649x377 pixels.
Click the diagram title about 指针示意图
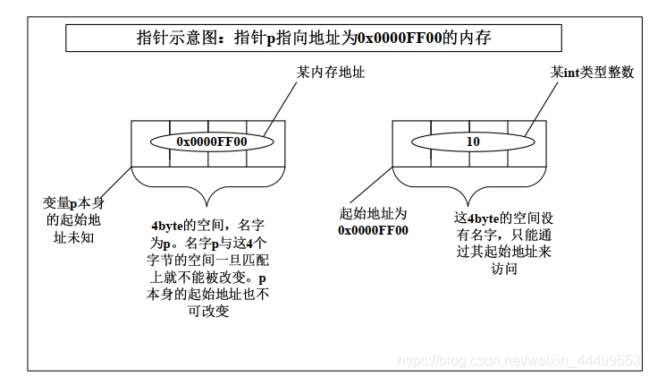[313, 38]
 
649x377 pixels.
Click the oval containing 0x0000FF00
[211, 141]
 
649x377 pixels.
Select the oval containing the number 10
[473, 141]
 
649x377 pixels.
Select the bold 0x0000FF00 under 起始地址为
[373, 230]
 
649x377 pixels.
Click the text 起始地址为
[373, 214]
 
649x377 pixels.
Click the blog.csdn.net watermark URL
[518, 360]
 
